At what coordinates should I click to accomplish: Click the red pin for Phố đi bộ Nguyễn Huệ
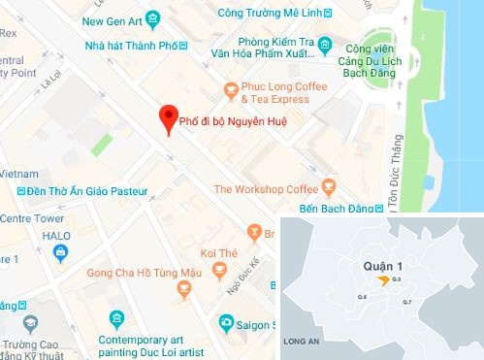tap(168, 118)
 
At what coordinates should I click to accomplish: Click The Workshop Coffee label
tap(265, 188)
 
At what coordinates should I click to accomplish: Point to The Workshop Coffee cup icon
tap(328, 184)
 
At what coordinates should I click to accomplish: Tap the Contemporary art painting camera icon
tap(117, 317)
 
